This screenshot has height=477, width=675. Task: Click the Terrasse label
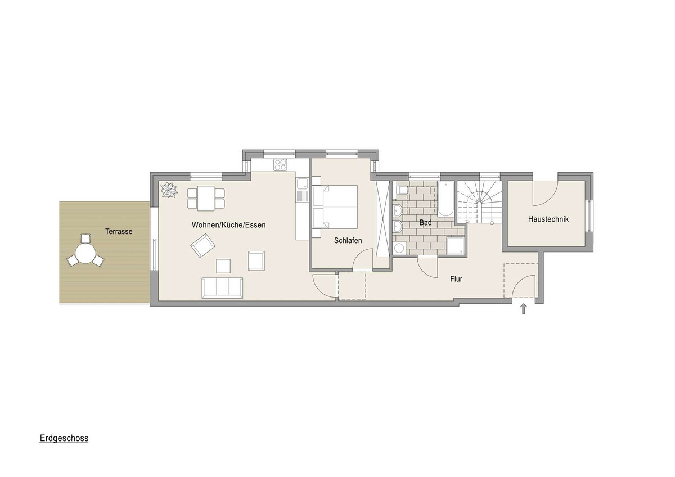click(x=119, y=231)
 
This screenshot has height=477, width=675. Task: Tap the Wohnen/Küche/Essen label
click(x=229, y=225)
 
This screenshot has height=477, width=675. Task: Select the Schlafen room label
click(x=348, y=240)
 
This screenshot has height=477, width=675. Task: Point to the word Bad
click(x=425, y=223)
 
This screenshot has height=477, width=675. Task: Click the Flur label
click(x=456, y=279)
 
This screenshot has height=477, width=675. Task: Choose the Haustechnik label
click(x=548, y=219)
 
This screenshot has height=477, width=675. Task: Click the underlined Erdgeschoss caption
click(x=64, y=438)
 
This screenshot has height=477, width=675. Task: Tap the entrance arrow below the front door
click(x=524, y=309)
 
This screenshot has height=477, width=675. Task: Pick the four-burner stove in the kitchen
click(x=281, y=165)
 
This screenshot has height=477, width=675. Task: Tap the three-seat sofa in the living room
click(x=222, y=288)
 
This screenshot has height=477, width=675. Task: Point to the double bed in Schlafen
click(x=335, y=206)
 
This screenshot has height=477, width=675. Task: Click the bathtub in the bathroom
click(x=445, y=199)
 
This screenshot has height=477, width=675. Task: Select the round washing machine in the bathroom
click(x=399, y=248)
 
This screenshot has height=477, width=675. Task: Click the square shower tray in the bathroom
click(x=456, y=246)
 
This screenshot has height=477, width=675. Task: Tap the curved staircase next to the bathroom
click(x=480, y=202)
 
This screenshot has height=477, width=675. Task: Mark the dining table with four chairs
click(x=206, y=198)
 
